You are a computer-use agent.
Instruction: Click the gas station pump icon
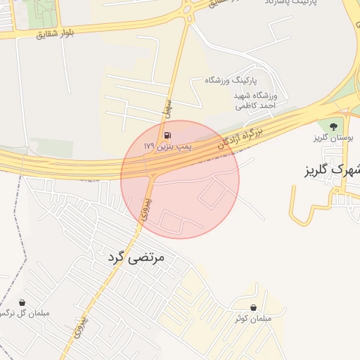click(167, 135)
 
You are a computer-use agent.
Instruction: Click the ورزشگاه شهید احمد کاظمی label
click(257, 100)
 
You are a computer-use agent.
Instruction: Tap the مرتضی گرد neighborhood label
click(136, 258)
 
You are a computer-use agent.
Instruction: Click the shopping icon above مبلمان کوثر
click(253, 307)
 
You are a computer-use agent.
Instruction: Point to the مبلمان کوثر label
click(253, 319)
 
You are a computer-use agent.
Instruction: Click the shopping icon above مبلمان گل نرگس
click(23, 302)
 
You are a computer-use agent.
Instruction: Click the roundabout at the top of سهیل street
click(187, 9)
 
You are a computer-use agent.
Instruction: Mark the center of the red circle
click(180, 179)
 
